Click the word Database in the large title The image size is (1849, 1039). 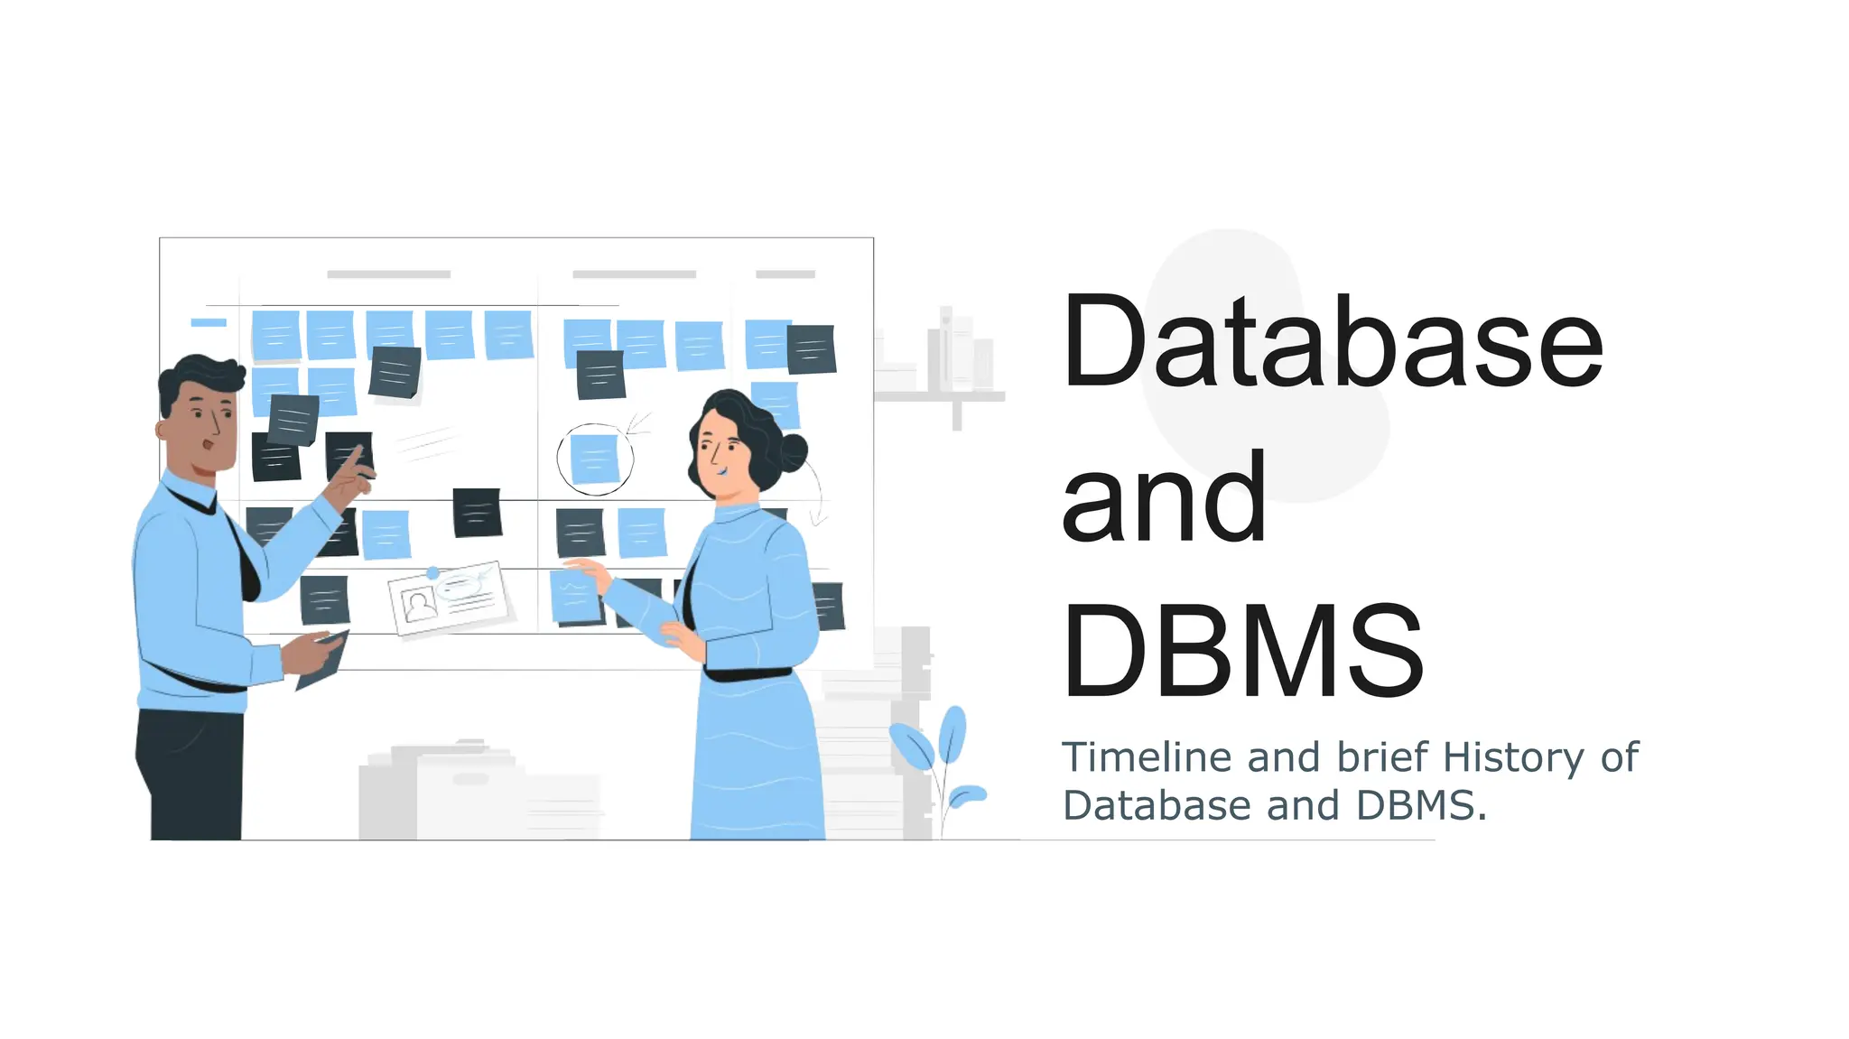coord(1332,342)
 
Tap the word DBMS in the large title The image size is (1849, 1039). coord(1243,652)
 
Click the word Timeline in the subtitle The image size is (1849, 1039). coord(1146,757)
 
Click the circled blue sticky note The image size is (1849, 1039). coord(595,459)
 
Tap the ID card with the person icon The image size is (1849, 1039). coord(448,598)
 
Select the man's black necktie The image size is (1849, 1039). coord(244,560)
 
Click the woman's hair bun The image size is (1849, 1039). coord(793,452)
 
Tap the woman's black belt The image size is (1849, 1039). coord(748,674)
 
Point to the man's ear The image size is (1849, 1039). coord(163,429)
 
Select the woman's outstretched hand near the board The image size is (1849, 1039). coord(586,570)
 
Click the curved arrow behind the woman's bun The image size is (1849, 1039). coord(817,492)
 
